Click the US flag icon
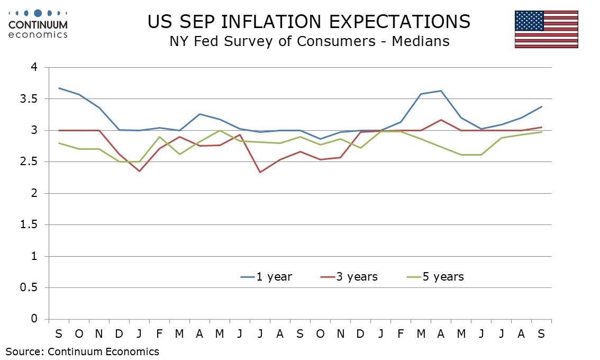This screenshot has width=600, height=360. coord(546,29)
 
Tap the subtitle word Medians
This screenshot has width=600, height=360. coord(421,41)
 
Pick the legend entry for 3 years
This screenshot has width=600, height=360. coord(349,276)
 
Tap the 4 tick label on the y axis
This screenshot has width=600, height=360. coord(34,68)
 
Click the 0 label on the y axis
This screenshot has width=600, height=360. coord(34,319)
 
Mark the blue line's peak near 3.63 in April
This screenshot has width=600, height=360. coord(441,91)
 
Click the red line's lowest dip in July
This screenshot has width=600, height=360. coord(259,172)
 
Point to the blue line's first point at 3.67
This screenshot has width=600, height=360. coord(59,88)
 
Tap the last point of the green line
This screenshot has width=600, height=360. coord(541,132)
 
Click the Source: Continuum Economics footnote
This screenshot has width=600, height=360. coord(82,351)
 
